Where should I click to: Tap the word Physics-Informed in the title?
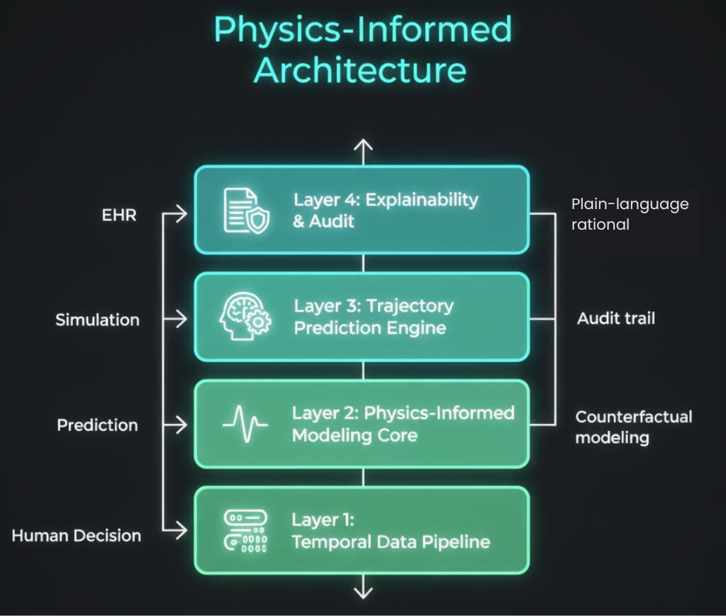coord(363,30)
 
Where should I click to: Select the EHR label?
coord(118,215)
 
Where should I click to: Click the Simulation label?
coord(98,320)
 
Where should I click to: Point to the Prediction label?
coord(98,425)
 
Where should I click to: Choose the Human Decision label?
coord(77,535)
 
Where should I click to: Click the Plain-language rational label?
coord(630,214)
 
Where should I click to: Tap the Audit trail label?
coord(616,319)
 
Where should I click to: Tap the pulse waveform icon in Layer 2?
coord(245,423)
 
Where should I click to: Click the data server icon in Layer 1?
coord(245,532)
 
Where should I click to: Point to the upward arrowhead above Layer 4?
coord(364,145)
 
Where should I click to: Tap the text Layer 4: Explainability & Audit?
coord(386,210)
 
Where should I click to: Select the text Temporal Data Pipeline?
coord(391,542)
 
